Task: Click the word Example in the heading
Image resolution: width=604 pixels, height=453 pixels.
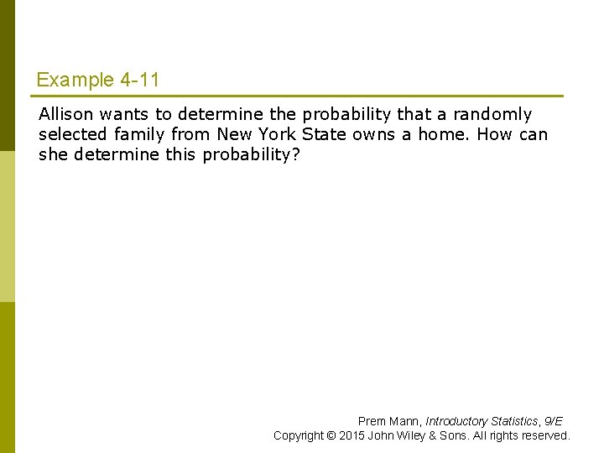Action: (75, 81)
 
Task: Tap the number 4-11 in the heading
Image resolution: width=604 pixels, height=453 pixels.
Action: (139, 81)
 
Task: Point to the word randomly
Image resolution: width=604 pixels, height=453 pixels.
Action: (492, 115)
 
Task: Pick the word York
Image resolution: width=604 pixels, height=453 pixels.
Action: (277, 134)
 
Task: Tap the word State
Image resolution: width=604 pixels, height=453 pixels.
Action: (323, 134)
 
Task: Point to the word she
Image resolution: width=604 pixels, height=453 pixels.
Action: (54, 154)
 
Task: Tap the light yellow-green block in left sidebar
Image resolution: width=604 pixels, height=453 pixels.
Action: (7, 226)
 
